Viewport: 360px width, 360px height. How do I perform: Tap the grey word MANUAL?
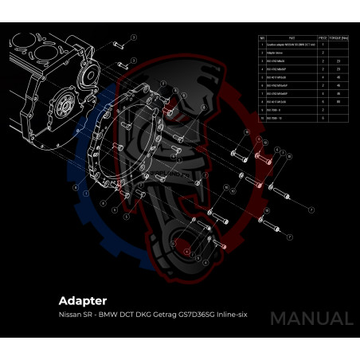pyautogui.click(x=311, y=319)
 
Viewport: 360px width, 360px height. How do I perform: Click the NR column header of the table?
pyautogui.click(x=262, y=37)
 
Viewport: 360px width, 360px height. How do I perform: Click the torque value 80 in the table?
pyautogui.click(x=338, y=102)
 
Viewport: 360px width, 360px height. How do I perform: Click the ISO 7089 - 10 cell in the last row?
pyautogui.click(x=280, y=117)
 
